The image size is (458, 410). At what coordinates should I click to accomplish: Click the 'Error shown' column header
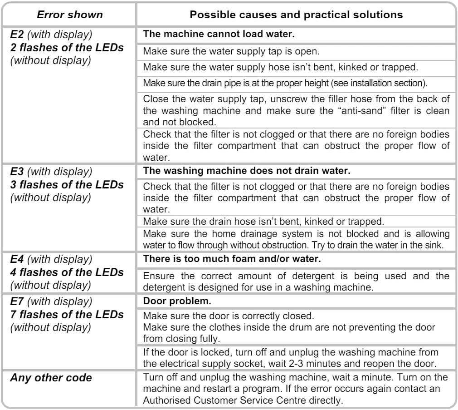coord(70,14)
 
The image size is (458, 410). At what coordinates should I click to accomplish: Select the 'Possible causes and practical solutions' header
coord(296,14)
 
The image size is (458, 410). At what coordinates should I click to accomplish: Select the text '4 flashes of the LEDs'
coord(67,272)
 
